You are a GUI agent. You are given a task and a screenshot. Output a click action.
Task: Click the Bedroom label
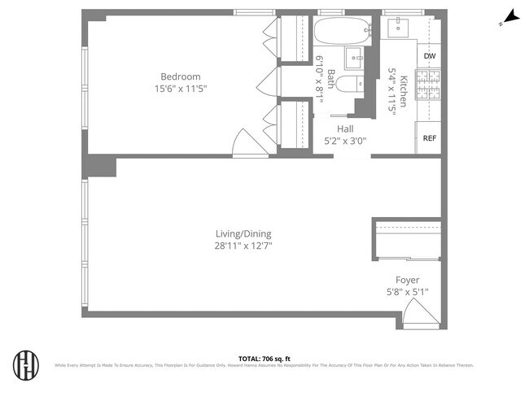point(180,77)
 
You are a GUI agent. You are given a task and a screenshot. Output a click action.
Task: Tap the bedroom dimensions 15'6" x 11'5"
point(180,89)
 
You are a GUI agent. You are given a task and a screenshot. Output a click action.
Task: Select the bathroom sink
point(356,59)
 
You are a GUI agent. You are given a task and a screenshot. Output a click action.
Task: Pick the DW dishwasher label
point(430,56)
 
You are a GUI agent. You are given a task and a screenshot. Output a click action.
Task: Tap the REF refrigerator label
point(430,138)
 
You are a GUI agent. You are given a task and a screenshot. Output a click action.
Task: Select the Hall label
point(345,128)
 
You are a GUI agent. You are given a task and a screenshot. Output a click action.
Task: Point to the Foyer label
point(407,280)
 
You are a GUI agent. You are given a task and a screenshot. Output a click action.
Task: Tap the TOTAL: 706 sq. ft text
point(264,358)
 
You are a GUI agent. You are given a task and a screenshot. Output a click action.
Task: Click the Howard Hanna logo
point(26,363)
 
